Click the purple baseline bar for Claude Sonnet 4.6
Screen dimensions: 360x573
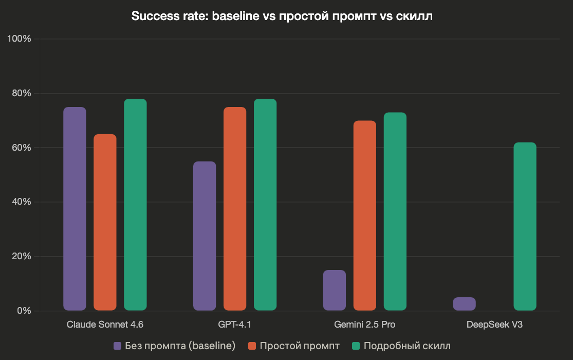pos(75,209)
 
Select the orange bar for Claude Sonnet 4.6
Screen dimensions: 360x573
pos(105,222)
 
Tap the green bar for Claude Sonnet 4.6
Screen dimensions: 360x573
pos(135,205)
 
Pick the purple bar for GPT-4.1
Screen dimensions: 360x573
pos(205,236)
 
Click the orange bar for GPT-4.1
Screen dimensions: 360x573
pos(235,209)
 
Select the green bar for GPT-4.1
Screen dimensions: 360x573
pos(265,205)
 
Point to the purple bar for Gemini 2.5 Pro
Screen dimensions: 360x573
pos(335,290)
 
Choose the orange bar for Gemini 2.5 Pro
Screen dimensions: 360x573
pos(365,215)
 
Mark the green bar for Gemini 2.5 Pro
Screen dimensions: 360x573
pos(395,211)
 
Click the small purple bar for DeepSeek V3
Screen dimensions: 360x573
pos(464,304)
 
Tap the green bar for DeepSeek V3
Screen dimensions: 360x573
pos(525,226)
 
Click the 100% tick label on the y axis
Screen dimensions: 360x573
pos(19,39)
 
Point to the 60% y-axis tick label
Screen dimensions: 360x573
pos(21,148)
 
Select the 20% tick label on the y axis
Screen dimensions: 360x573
pos(21,256)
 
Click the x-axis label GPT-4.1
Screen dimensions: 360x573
pos(235,325)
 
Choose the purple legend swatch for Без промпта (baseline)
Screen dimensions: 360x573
pos(117,346)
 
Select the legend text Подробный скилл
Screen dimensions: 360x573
pos(407,346)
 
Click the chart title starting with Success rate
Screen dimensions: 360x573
pos(282,16)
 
